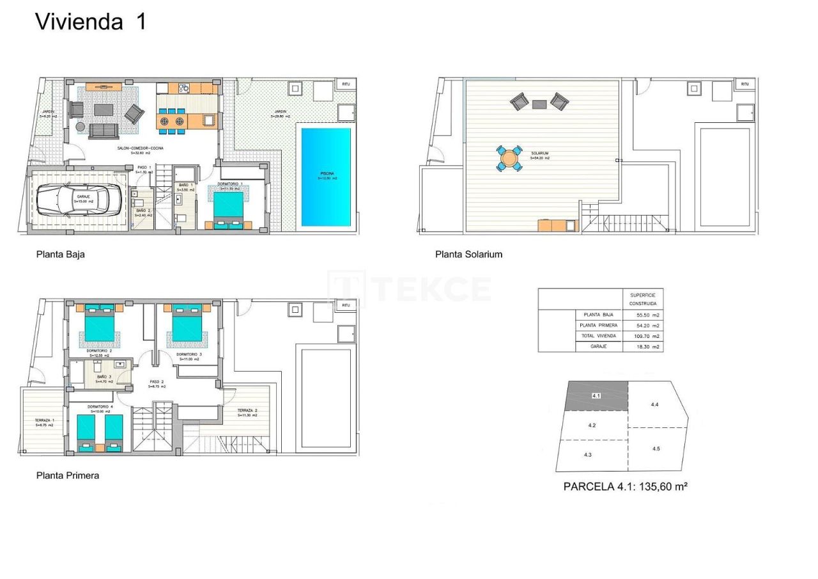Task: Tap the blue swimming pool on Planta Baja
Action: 326,177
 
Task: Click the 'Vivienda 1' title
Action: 91,21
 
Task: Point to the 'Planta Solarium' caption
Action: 468,254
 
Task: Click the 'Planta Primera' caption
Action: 68,475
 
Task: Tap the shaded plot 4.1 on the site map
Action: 596,397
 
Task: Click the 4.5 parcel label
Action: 656,448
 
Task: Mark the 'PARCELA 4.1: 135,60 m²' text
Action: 625,486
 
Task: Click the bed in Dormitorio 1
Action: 228,210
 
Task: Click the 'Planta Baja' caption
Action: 60,254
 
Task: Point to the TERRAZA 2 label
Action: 247,413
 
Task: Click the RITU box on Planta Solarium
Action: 745,84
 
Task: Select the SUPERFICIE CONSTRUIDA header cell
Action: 643,299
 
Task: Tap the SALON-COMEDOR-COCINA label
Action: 140,149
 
